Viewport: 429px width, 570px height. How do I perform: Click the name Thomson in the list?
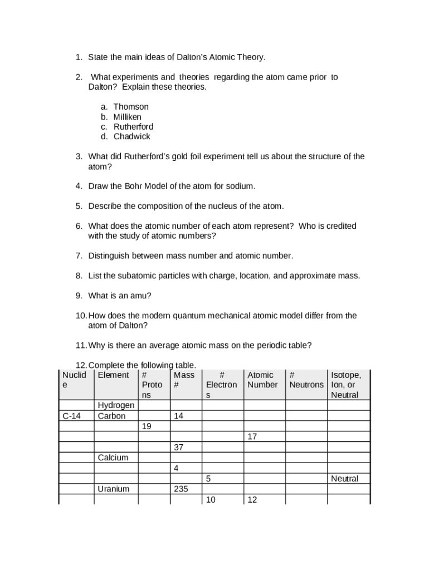(x=131, y=106)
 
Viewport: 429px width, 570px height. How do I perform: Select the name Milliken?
(x=128, y=117)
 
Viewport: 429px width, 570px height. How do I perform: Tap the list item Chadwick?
(x=132, y=136)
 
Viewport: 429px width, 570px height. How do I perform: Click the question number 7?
(x=79, y=255)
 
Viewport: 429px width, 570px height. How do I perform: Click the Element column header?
(x=113, y=375)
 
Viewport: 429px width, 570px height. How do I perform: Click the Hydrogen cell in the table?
(x=115, y=405)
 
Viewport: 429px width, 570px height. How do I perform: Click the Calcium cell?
(x=113, y=458)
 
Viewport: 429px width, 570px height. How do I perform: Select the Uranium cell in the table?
(x=113, y=489)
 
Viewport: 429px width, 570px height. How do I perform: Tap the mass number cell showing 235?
(x=181, y=489)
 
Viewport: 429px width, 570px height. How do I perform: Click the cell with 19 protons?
(x=147, y=426)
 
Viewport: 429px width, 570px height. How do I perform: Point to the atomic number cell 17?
(x=252, y=436)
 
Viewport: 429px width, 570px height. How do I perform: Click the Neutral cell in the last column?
(x=344, y=479)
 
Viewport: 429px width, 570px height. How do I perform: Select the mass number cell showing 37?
(x=179, y=447)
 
